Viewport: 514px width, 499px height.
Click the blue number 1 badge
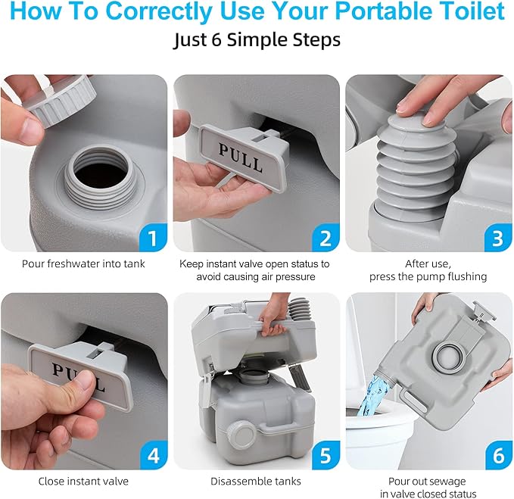click(x=151, y=239)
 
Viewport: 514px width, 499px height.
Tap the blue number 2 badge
click(x=325, y=239)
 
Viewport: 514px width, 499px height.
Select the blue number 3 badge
click(x=497, y=239)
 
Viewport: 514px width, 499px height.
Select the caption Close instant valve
click(x=83, y=481)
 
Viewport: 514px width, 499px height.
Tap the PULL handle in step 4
click(x=76, y=373)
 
